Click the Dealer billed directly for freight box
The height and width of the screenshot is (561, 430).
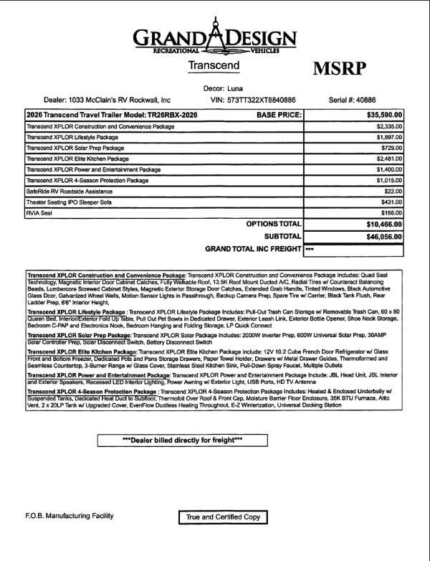(x=193, y=440)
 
